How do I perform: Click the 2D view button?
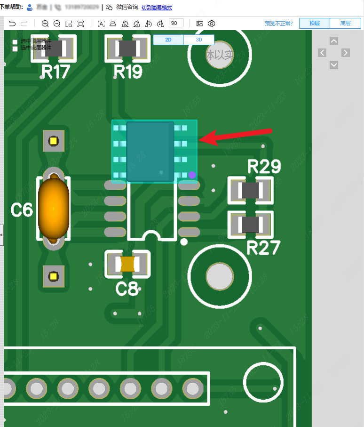[168, 40]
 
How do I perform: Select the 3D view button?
[199, 40]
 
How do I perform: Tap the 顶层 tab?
[315, 23]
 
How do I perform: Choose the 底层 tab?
[345, 23]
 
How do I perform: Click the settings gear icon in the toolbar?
[212, 24]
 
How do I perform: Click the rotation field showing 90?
[176, 23]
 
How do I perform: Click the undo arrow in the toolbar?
[12, 24]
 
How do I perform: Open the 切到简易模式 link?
[157, 8]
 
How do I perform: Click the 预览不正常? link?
[278, 24]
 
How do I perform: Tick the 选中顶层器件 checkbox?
[15, 42]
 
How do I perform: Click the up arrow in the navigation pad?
[334, 41]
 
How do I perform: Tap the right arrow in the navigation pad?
[346, 53]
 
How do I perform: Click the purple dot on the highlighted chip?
[192, 175]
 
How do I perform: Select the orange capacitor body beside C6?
[54, 208]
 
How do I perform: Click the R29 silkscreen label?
[264, 167]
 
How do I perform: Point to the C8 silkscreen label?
[127, 288]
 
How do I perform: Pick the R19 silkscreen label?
[128, 72]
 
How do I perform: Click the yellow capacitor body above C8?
[127, 264]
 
